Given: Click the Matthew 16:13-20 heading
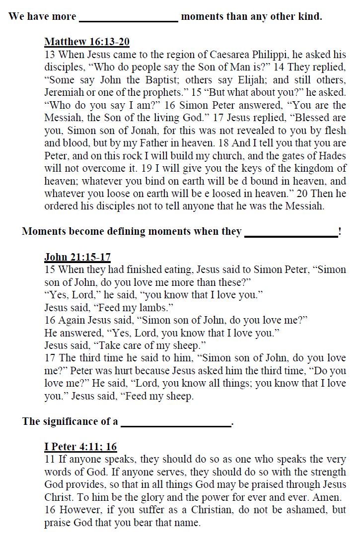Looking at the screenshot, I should tap(87, 42).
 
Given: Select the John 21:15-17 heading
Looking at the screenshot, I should tap(77, 257).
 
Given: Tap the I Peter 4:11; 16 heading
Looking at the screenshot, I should tap(80, 447).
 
